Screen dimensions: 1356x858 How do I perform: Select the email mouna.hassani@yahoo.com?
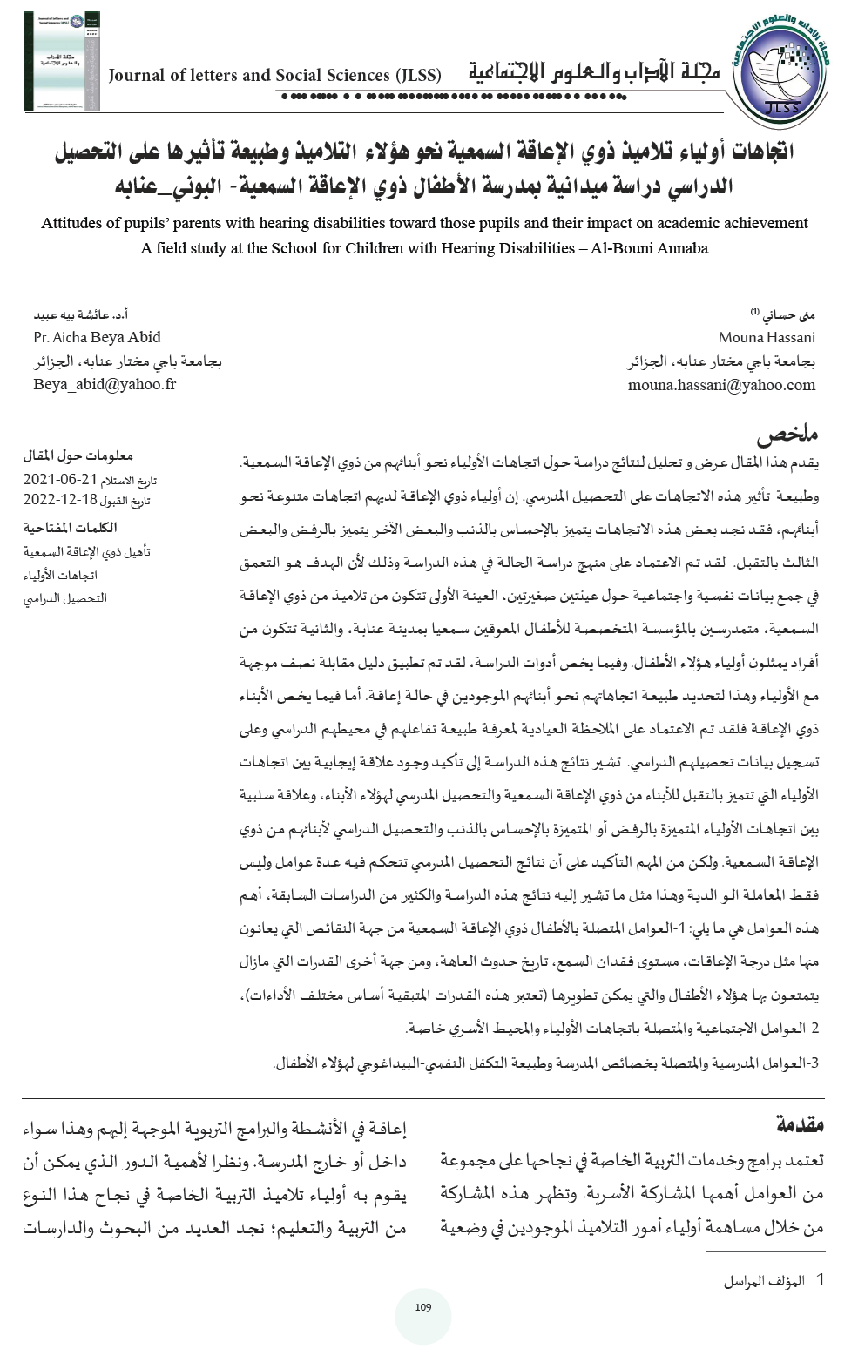coord(721,384)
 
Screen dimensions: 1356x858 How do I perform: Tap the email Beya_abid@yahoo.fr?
coord(105,383)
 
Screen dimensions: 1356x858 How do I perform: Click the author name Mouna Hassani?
coord(767,337)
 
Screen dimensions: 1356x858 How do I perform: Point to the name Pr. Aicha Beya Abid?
coord(97,337)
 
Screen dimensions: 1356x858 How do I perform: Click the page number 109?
coord(423,1307)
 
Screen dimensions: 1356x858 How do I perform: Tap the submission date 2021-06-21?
coord(57,480)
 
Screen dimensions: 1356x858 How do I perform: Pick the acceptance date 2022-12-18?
coord(57,499)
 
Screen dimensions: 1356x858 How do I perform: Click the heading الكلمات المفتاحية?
coord(70,527)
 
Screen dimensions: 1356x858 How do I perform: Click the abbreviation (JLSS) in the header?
coord(418,76)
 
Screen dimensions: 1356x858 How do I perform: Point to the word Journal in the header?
coord(136,76)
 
